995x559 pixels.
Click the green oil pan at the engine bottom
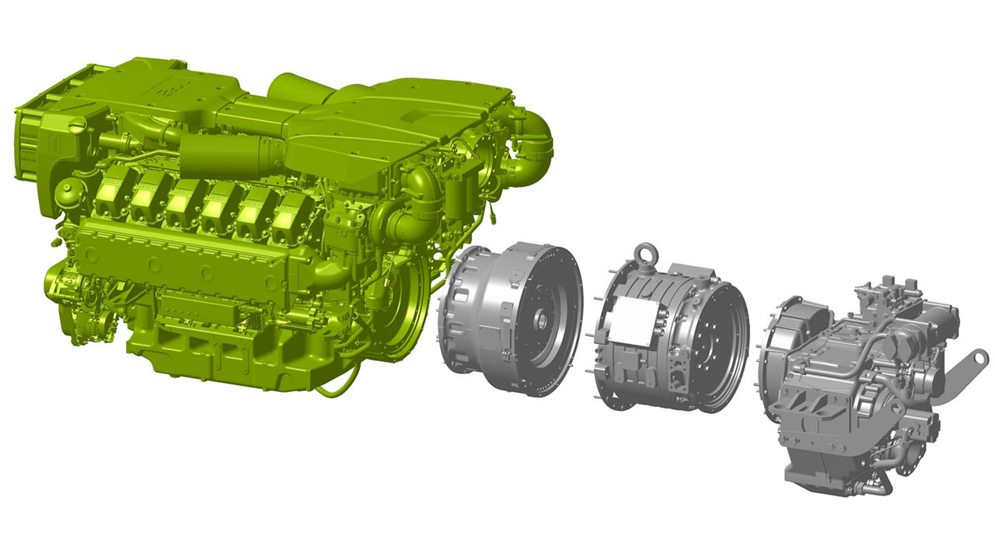[225, 357]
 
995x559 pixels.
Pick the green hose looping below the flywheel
[342, 385]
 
